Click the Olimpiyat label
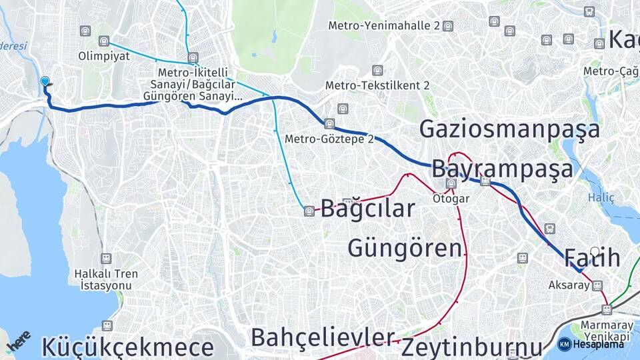pyautogui.click(x=104, y=56)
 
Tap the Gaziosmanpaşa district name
pyautogui.click(x=509, y=129)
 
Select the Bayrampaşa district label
pyautogui.click(x=502, y=169)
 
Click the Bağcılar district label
pyautogui.click(x=367, y=208)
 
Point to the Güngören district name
pyautogui.click(x=405, y=248)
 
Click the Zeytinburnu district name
pyautogui.click(x=471, y=347)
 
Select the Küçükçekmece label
pyautogui.click(x=127, y=347)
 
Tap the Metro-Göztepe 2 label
pyautogui.click(x=329, y=139)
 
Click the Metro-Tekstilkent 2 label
pyautogui.click(x=377, y=85)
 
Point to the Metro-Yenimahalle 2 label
pyautogui.click(x=385, y=25)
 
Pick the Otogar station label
pyautogui.click(x=451, y=198)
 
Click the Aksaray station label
pyautogui.click(x=569, y=285)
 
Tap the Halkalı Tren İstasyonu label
pyautogui.click(x=105, y=279)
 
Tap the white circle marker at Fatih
pyautogui.click(x=595, y=251)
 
